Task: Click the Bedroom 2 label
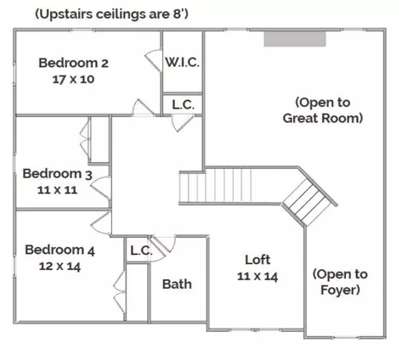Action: click(73, 63)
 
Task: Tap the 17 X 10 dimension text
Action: click(73, 79)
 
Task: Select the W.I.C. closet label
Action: click(183, 62)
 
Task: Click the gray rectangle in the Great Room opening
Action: click(295, 39)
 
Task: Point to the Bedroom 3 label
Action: click(57, 174)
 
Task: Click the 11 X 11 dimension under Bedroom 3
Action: click(57, 190)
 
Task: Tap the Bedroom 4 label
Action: click(59, 250)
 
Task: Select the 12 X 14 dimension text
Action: click(59, 267)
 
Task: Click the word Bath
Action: click(177, 284)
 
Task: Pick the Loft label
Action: click(258, 260)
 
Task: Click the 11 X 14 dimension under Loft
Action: click(258, 276)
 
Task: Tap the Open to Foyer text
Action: click(340, 282)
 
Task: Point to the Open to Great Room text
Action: click(323, 110)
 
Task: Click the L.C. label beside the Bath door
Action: click(141, 250)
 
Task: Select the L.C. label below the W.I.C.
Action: click(183, 105)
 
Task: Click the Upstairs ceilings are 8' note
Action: click(111, 14)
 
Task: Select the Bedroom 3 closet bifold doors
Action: click(85, 138)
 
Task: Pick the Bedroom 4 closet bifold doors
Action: click(119, 291)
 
